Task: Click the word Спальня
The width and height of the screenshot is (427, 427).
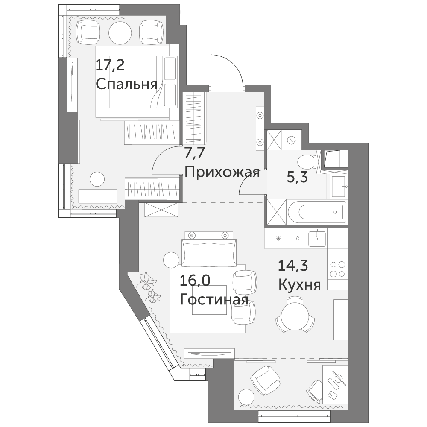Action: click(x=127, y=85)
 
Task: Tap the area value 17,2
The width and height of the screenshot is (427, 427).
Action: click(x=110, y=65)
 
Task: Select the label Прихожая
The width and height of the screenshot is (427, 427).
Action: click(x=222, y=173)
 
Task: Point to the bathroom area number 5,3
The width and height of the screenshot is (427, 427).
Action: click(x=297, y=178)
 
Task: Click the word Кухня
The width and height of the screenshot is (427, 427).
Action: click(x=299, y=285)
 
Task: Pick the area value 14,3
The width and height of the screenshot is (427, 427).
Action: click(x=293, y=266)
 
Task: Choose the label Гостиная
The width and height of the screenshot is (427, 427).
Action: click(x=214, y=300)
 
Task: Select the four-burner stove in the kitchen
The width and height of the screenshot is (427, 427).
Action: click(x=337, y=269)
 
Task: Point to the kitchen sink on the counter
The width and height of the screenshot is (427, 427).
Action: click(x=317, y=238)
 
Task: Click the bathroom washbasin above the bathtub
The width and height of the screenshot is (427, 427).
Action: click(x=339, y=186)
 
